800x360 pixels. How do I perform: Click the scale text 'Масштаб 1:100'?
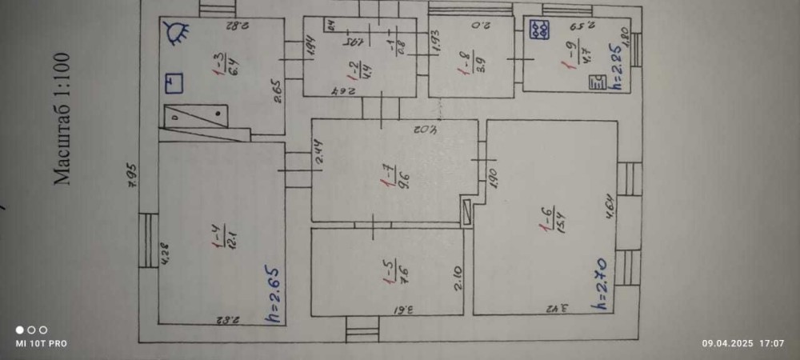(62, 118)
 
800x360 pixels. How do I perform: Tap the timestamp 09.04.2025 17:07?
(743, 343)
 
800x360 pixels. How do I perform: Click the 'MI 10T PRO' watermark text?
(42, 343)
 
